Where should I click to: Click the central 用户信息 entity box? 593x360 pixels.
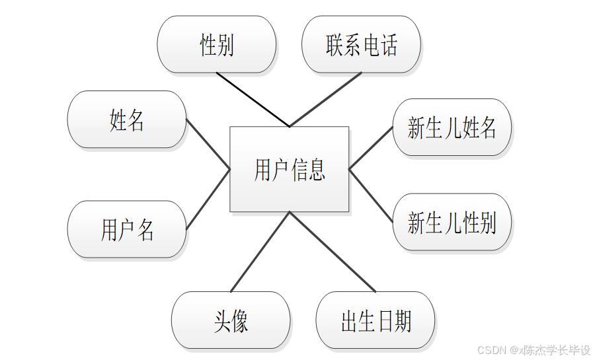tap(289, 169)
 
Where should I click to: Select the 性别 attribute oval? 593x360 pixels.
tap(216, 45)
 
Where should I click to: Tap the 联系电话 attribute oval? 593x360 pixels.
tap(361, 45)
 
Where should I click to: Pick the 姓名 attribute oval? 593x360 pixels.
tap(127, 120)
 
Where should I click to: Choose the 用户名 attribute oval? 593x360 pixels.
tap(127, 229)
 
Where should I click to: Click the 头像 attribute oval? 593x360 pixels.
tap(231, 320)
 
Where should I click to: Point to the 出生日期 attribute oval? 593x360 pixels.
tap(376, 320)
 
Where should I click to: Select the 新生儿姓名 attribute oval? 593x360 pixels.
tap(452, 127)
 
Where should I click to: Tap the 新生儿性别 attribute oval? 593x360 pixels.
tap(452, 222)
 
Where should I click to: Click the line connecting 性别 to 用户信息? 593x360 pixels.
tap(253, 99)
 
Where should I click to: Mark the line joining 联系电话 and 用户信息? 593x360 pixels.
tap(325, 99)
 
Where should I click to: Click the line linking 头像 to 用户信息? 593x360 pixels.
tap(260, 252)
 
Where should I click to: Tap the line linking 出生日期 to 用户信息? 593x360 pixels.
tap(333, 252)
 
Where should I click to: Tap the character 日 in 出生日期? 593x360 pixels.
tap(385, 321)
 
